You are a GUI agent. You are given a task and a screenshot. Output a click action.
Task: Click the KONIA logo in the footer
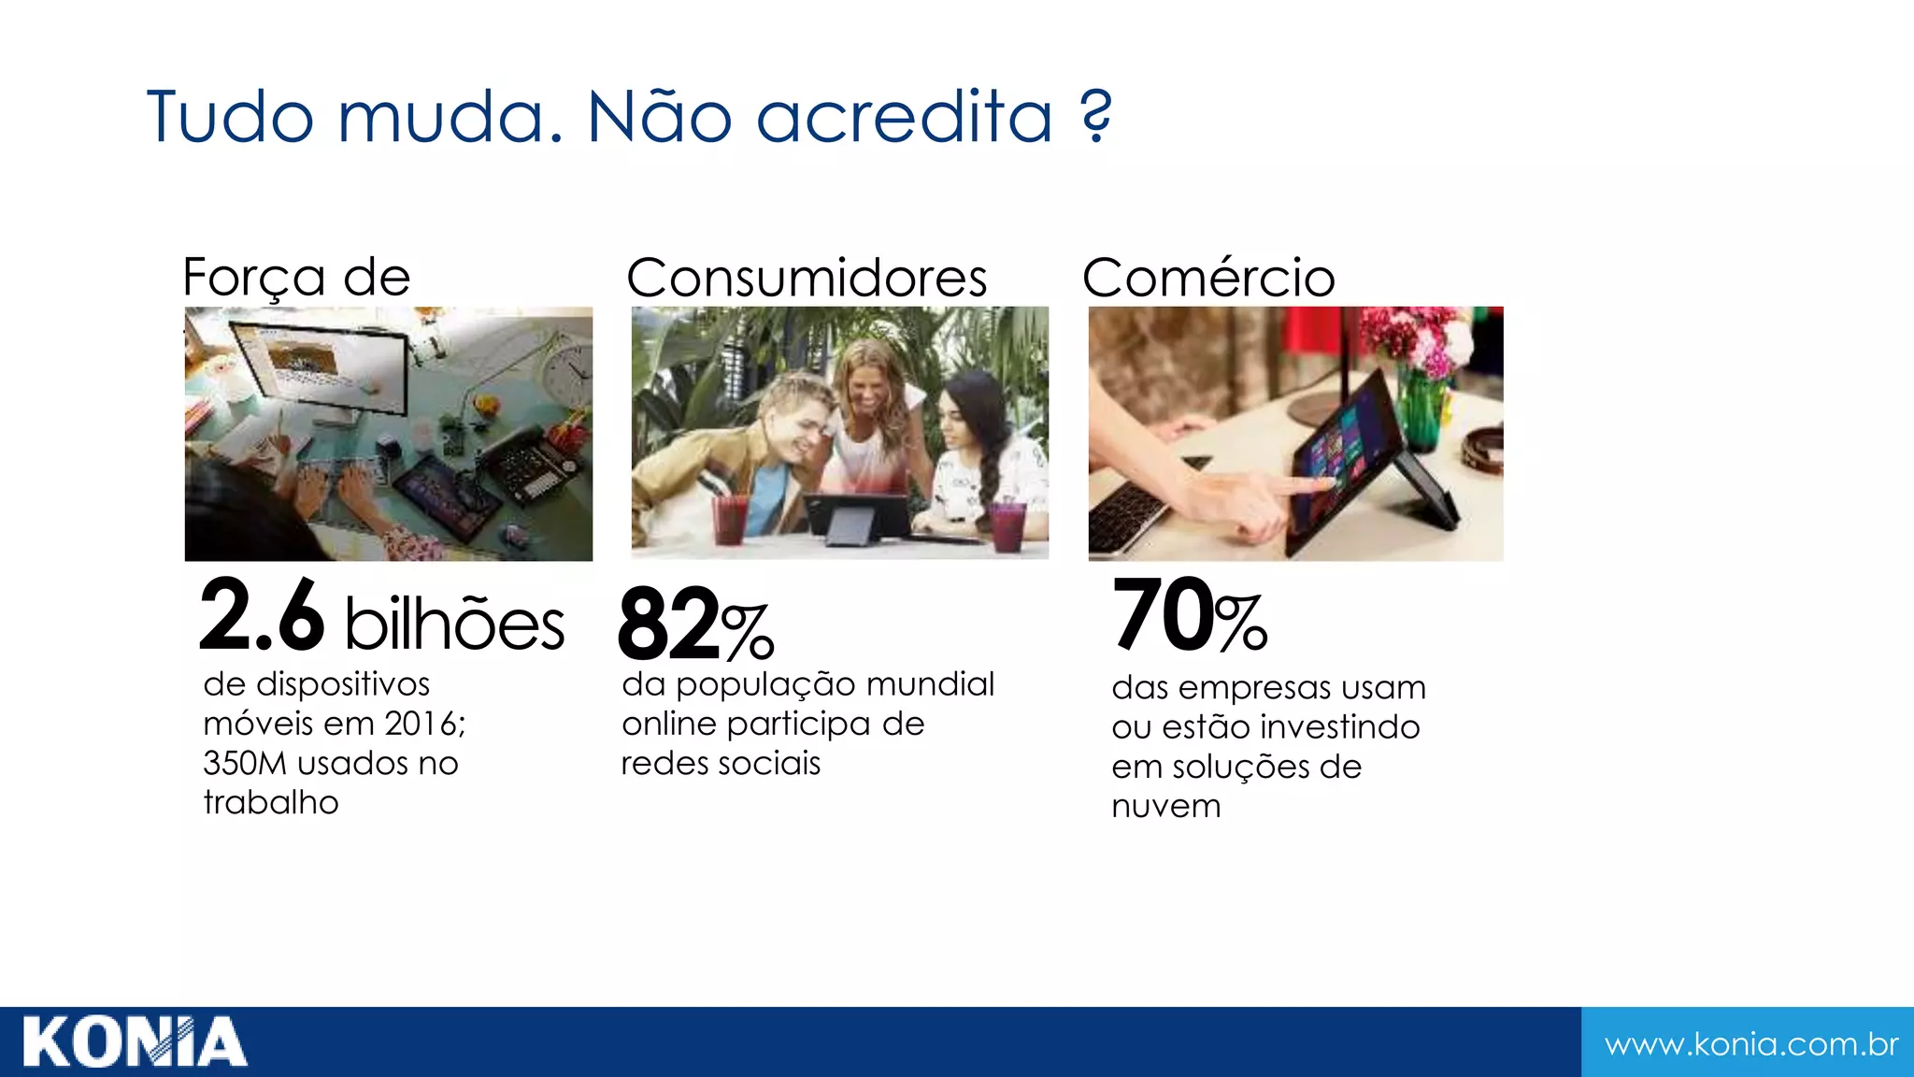coord(135,1041)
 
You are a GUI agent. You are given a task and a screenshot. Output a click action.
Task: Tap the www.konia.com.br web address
coord(1750,1043)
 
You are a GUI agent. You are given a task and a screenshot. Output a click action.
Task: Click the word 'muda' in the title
coord(450,118)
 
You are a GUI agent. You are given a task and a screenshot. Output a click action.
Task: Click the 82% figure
coord(695,625)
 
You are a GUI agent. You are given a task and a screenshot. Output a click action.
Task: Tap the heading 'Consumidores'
coord(807,278)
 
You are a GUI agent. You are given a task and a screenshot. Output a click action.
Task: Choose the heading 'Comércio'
coord(1208,278)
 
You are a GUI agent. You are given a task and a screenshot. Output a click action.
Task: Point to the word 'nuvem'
coord(1165,806)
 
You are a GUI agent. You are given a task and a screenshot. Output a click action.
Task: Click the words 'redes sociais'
coord(721,764)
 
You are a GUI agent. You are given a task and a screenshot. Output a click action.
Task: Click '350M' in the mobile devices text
coord(245,764)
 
